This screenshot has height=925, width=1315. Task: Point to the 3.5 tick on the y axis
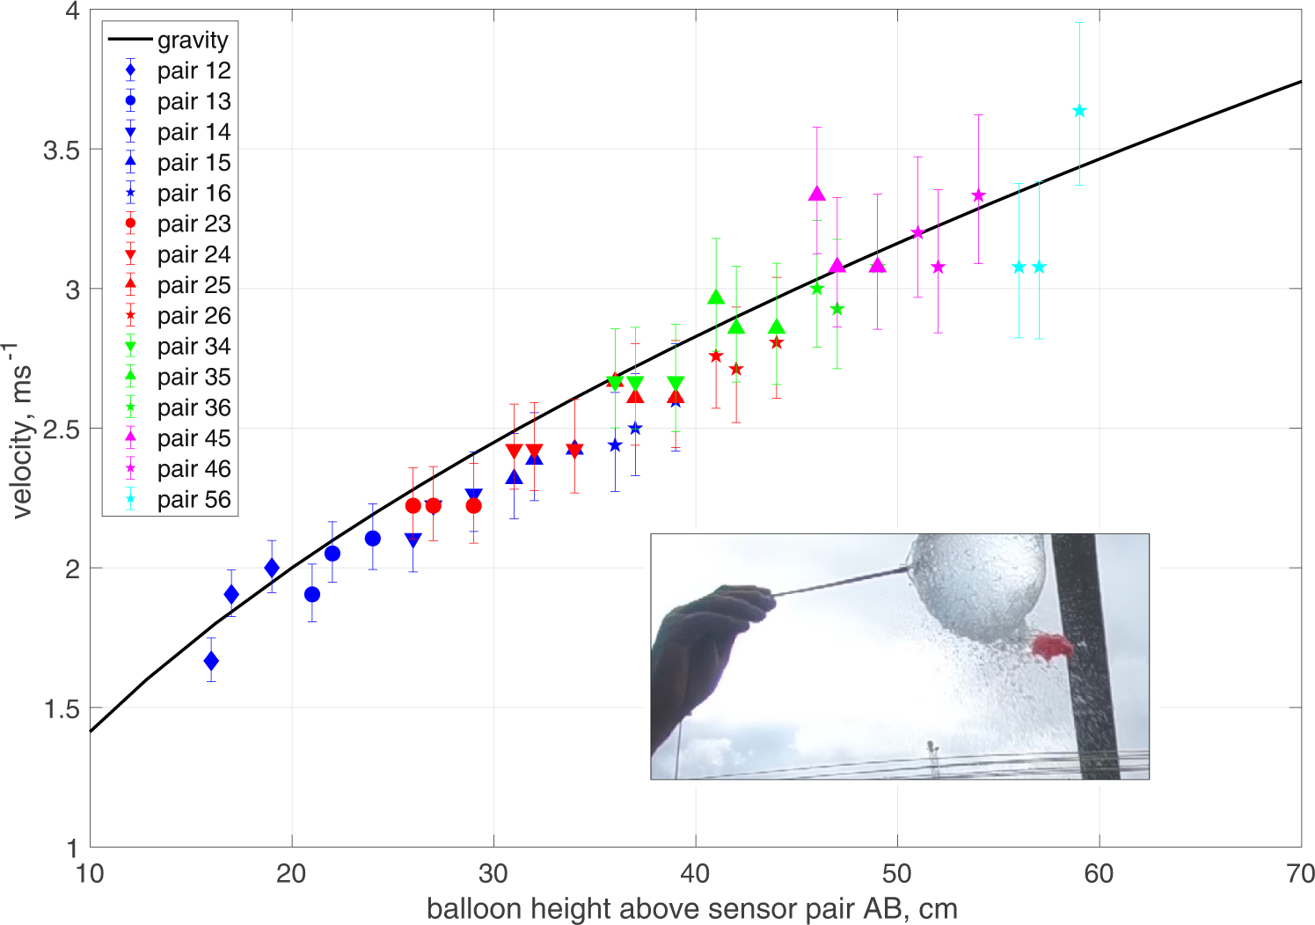[61, 150]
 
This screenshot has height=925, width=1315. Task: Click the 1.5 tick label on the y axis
[61, 708]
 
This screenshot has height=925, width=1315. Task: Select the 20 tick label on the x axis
[291, 874]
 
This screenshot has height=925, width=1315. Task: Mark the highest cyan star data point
[1079, 111]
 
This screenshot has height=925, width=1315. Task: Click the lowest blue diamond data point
[211, 661]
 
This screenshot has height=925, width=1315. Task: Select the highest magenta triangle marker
[817, 194]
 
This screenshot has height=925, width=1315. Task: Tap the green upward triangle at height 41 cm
[716, 297]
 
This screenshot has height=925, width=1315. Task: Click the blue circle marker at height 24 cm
[373, 539]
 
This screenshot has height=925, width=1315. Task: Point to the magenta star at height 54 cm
[978, 195]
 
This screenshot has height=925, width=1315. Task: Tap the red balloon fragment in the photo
[1051, 647]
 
